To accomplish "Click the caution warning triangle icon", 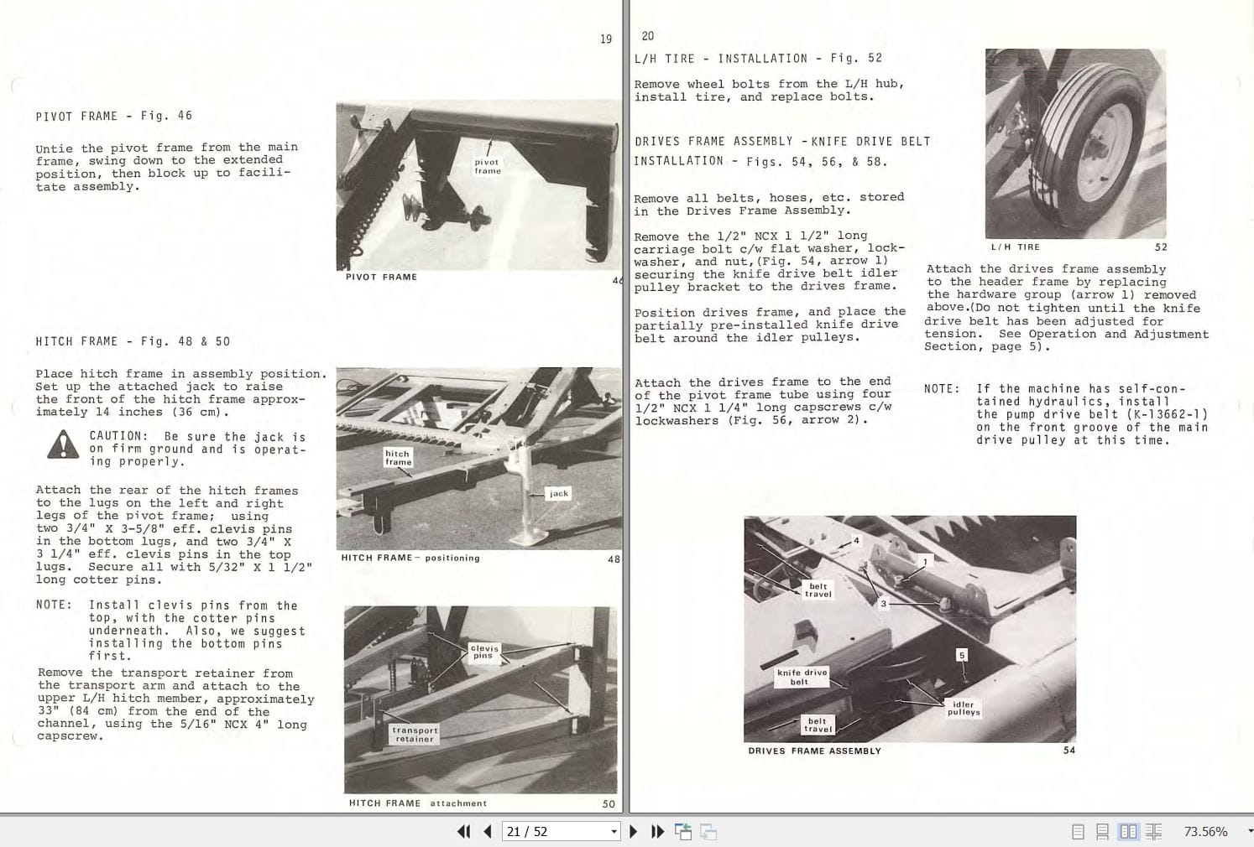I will [x=63, y=445].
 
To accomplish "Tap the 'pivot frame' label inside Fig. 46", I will [x=487, y=166].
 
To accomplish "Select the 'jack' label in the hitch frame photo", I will [x=559, y=493].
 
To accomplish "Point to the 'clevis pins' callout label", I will [x=484, y=652].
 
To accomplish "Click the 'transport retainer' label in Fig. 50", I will [x=415, y=734].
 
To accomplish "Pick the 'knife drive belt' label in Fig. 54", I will [x=802, y=677].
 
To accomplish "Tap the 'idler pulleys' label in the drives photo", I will [x=964, y=709].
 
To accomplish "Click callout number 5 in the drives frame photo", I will [x=962, y=655].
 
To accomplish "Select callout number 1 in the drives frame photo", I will [x=925, y=562].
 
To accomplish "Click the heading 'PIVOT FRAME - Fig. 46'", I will [x=113, y=116].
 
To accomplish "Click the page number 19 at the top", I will [x=605, y=39].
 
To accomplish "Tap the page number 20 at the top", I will [x=647, y=36].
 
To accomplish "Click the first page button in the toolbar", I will [x=463, y=831].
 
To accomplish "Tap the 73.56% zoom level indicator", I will [x=1205, y=831].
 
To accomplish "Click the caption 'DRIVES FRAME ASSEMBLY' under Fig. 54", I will [x=814, y=751].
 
